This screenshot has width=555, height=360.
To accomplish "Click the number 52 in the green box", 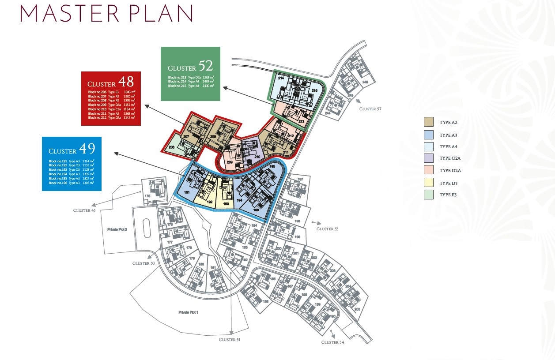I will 205,66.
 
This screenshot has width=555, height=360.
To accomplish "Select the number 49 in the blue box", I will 87,148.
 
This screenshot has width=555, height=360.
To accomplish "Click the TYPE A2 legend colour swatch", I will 428,122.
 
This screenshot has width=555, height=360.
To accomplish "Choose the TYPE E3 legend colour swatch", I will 428,195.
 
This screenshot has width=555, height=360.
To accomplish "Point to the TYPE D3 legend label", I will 448,183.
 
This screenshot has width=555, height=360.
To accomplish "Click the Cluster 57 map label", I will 370,109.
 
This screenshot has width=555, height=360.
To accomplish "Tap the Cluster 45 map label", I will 84,210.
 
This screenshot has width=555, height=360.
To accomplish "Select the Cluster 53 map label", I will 328,229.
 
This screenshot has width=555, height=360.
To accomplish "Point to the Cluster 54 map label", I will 332,342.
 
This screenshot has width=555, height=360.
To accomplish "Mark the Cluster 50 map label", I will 143,263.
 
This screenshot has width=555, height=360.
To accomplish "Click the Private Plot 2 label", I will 117,229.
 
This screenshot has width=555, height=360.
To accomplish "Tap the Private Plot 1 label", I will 188,312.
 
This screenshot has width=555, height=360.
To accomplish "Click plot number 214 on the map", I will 281,78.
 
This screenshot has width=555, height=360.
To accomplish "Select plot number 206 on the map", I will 171,148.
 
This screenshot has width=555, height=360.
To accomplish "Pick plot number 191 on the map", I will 187,193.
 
